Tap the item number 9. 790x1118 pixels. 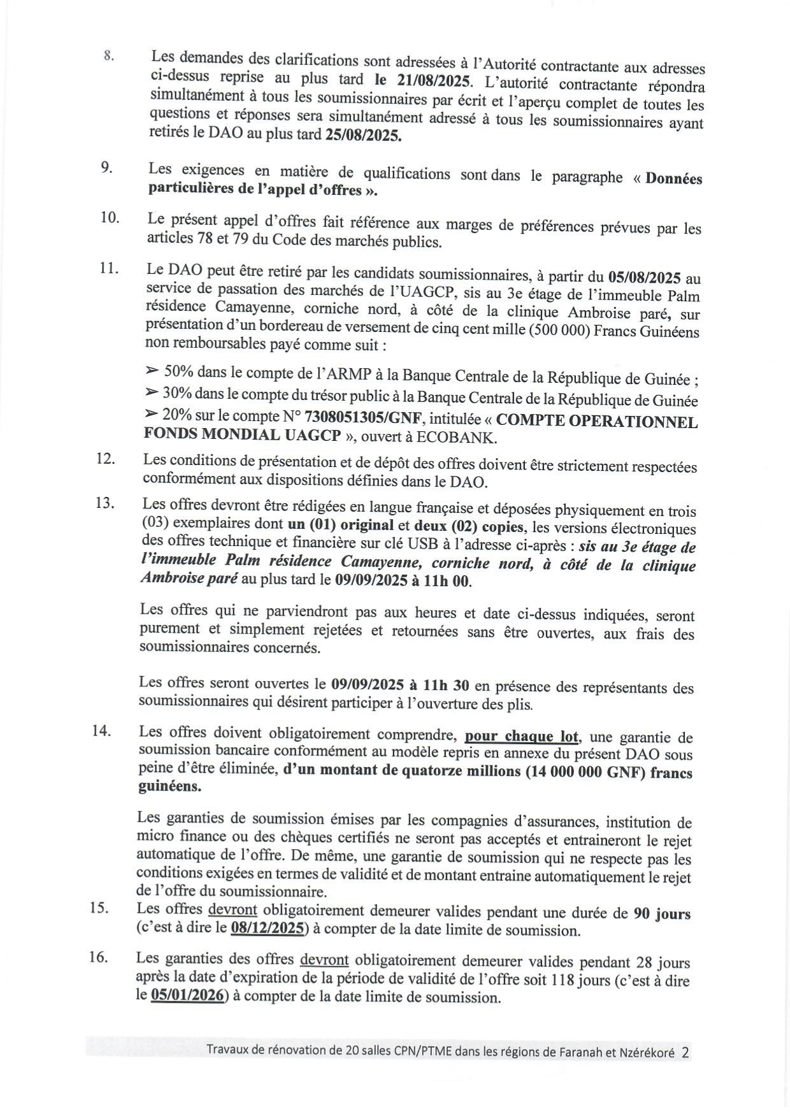pos(106,168)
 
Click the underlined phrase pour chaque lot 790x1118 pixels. pos(522,737)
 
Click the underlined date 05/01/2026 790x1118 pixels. pos(189,995)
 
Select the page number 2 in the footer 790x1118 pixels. pos(686,1052)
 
